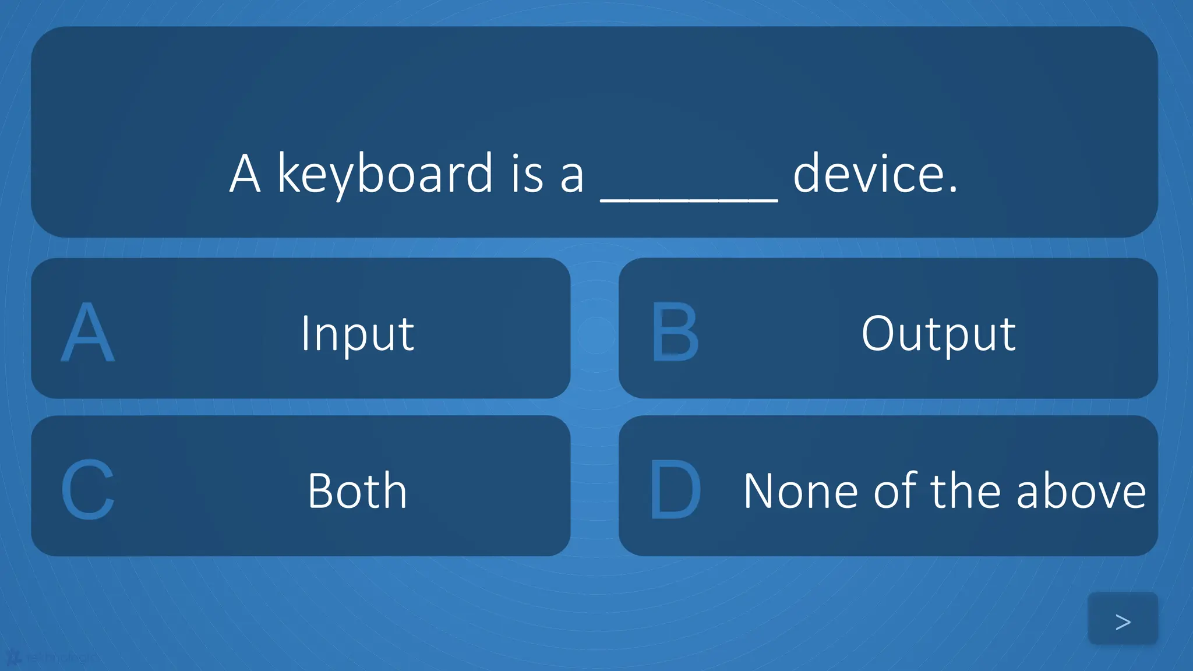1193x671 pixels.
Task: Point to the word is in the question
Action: click(527, 175)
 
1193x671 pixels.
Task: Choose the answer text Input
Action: click(357, 334)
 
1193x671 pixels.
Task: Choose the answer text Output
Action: click(938, 334)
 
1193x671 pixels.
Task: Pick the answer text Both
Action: click(357, 491)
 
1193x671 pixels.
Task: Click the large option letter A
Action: click(88, 333)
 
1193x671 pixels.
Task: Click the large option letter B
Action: click(675, 333)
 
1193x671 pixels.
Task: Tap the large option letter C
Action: click(88, 490)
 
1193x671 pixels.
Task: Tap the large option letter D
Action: click(675, 490)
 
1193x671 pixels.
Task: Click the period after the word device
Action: click(952, 190)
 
